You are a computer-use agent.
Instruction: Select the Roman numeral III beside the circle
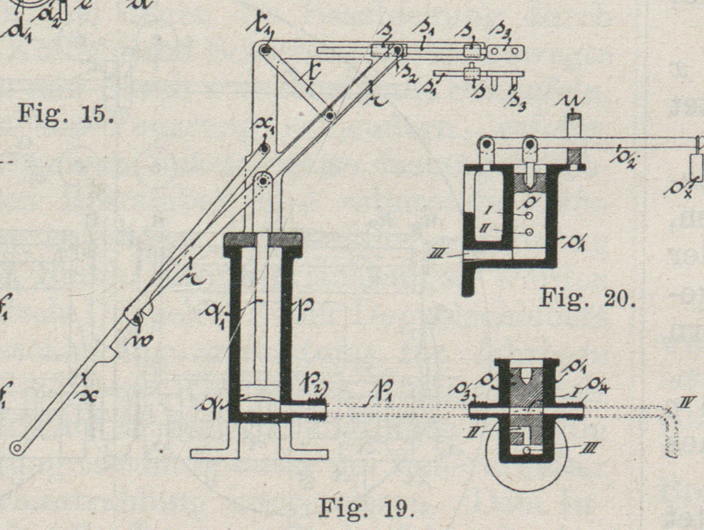click(589, 448)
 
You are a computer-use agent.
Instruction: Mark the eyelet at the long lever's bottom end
click(17, 448)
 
